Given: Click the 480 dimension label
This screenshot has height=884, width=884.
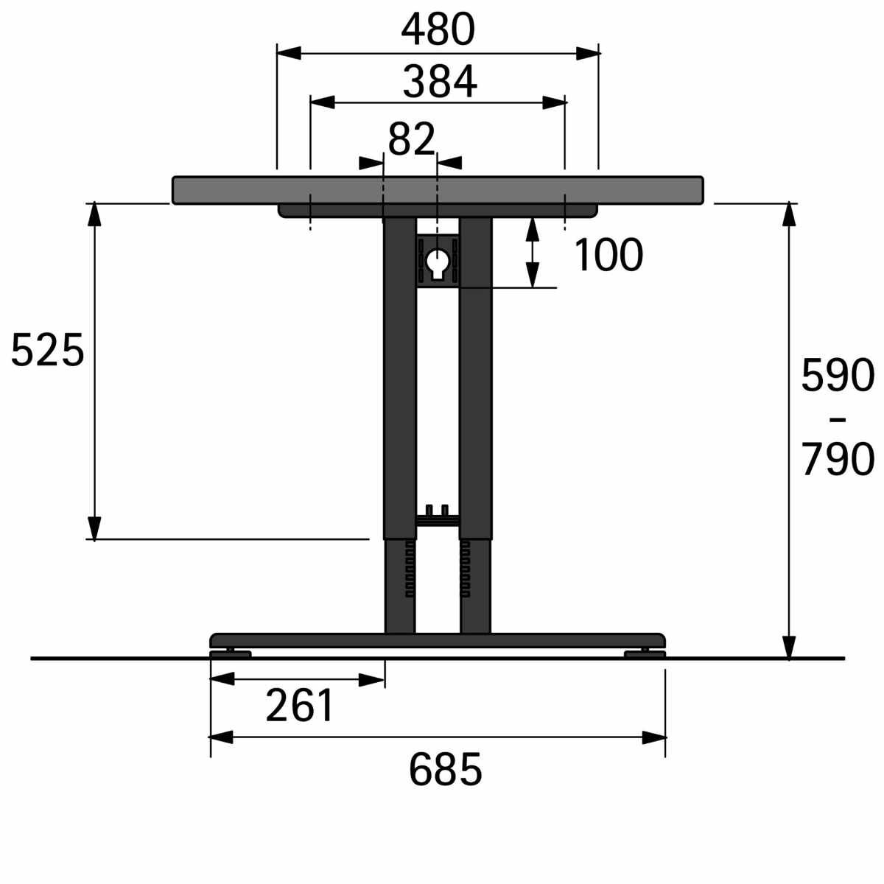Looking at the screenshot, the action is (438, 29).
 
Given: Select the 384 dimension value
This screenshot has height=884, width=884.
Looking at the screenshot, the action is (440, 82).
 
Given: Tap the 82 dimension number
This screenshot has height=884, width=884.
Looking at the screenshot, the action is (412, 139).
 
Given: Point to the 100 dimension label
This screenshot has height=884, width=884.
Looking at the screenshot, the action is (608, 255).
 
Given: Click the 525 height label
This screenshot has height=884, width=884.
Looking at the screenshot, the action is (48, 350).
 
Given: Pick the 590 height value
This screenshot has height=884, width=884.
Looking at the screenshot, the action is (838, 375).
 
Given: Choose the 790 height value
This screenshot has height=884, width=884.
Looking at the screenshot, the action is (838, 459).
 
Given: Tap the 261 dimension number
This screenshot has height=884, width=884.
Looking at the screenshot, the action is (299, 706).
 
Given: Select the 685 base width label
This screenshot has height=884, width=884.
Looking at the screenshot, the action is (446, 769).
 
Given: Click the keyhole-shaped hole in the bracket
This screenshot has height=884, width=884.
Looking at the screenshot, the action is (438, 263).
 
